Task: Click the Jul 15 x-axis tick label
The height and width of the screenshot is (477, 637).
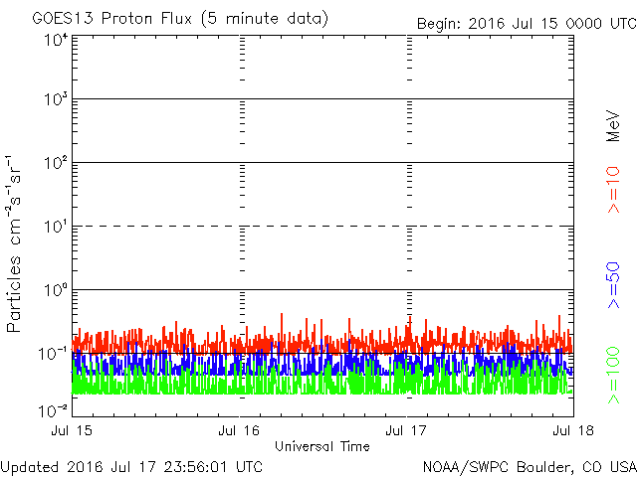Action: [74, 430]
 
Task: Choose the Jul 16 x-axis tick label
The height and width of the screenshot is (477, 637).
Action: [239, 430]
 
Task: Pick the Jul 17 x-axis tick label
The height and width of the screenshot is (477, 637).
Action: [407, 430]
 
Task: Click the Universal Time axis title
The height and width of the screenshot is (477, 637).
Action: [321, 446]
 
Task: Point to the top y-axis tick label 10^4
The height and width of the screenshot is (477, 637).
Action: [54, 41]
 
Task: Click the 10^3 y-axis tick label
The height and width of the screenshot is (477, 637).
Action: [54, 100]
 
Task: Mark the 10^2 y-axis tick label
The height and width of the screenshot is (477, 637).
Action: [54, 164]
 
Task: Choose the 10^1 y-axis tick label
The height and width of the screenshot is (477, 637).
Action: [54, 228]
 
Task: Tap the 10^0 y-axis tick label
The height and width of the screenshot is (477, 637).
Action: [54, 291]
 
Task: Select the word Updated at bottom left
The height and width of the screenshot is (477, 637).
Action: [29, 465]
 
